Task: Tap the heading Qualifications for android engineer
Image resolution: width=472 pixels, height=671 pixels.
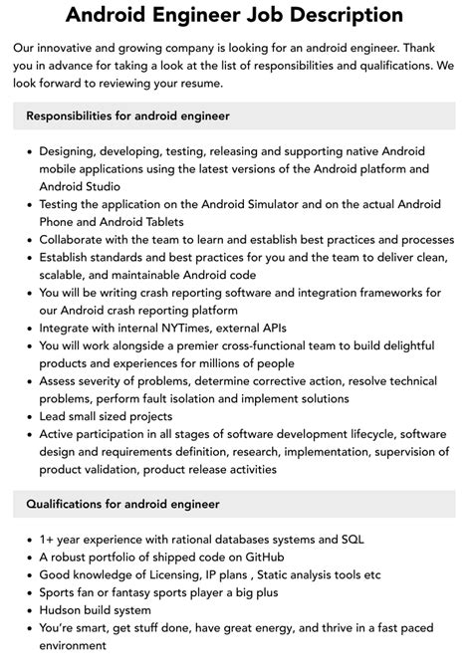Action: (123, 504)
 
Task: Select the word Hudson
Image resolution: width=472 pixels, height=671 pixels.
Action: (63, 609)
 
